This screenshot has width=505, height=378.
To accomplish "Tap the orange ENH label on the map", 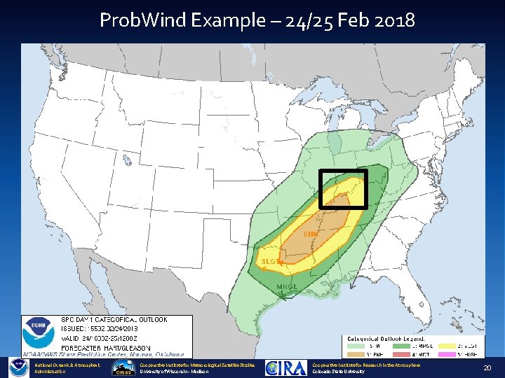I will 311,233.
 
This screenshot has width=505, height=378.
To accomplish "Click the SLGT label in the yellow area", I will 271,262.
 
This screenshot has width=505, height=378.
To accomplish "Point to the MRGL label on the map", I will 287,287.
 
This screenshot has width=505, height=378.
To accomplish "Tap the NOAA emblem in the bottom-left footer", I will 18,368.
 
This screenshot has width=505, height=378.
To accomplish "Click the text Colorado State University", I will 339,372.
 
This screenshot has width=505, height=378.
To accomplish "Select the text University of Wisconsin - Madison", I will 174,372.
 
